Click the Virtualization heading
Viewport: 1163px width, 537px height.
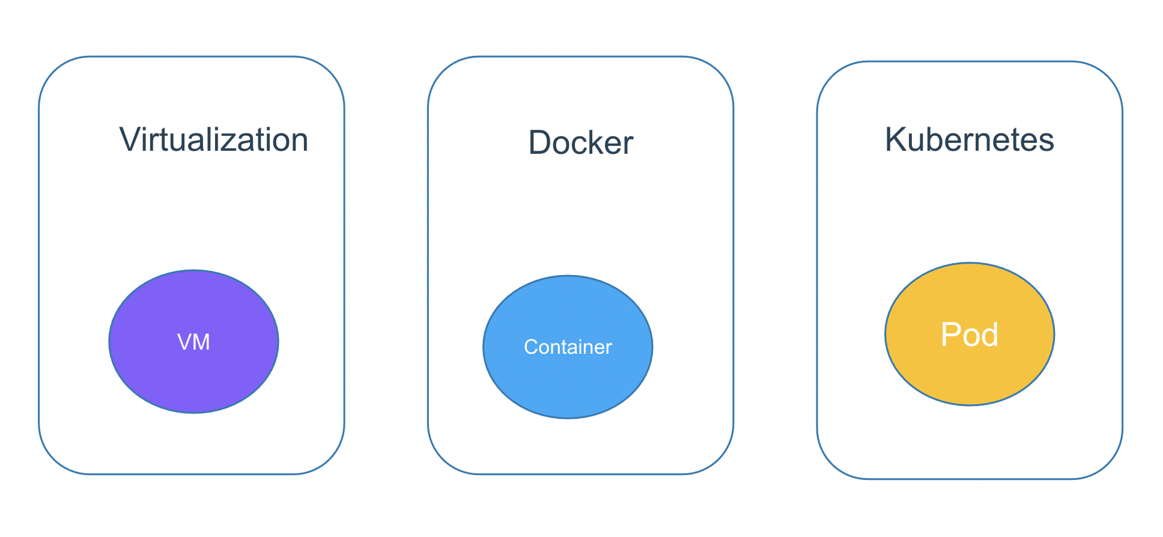[x=214, y=141]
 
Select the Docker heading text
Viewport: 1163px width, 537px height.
[x=580, y=143]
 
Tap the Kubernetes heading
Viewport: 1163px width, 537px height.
[x=969, y=140]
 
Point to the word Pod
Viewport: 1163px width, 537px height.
[x=969, y=335]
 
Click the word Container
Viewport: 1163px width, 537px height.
[x=568, y=347]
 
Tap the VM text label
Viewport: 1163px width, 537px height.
[x=193, y=342]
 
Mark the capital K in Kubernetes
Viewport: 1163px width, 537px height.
[x=896, y=140]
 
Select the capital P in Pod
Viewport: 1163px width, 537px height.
[x=951, y=335]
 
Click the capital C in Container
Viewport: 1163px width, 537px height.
[x=530, y=347]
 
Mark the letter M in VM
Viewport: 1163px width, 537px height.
[x=202, y=342]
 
